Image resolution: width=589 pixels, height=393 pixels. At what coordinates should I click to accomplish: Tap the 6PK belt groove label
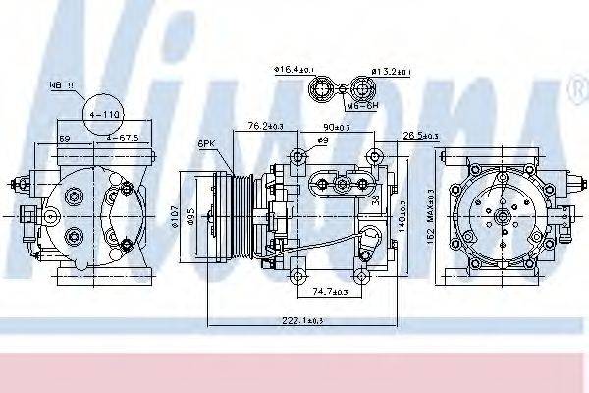point(205,143)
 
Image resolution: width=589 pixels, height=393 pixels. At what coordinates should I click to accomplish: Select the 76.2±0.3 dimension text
point(264,125)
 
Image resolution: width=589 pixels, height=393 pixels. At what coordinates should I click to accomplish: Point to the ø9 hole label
point(322,142)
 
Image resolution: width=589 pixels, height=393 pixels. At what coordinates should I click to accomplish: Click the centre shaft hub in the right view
point(501,213)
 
